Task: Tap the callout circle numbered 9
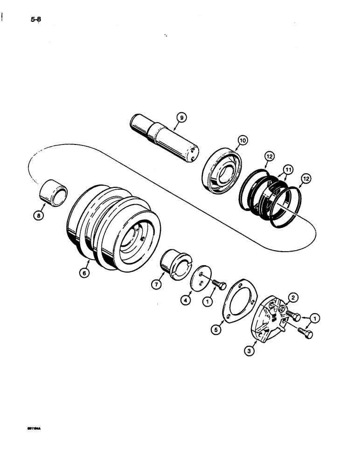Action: [x=181, y=118]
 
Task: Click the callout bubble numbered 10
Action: [x=242, y=140]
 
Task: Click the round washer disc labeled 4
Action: [x=201, y=279]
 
